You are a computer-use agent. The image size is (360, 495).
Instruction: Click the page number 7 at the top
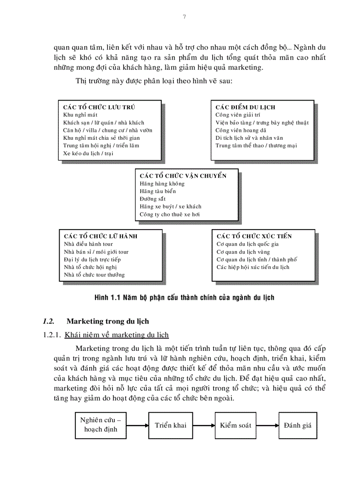pyautogui.click(x=184, y=17)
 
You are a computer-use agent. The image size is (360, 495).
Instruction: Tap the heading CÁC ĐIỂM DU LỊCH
pyautogui.click(x=245, y=107)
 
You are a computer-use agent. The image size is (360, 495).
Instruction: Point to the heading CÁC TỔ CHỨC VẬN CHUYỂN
pyautogui.click(x=183, y=176)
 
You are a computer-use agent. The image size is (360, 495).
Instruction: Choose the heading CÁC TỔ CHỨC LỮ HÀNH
pyautogui.click(x=101, y=236)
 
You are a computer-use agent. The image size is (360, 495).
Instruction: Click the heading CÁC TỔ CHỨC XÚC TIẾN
pyautogui.click(x=254, y=236)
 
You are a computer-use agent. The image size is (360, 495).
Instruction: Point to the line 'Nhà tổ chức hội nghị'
pyautogui.click(x=90, y=267)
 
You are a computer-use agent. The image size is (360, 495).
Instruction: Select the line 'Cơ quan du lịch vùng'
pyautogui.click(x=243, y=252)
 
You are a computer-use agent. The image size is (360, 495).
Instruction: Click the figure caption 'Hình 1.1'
pyautogui.click(x=184, y=298)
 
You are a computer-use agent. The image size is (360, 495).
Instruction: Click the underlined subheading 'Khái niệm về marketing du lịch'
pyautogui.click(x=116, y=335)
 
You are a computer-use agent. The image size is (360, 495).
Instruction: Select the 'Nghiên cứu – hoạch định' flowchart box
pyautogui.click(x=100, y=425)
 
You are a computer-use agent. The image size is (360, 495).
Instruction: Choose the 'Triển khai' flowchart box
pyautogui.click(x=171, y=425)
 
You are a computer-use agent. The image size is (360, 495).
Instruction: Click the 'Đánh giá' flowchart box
pyautogui.click(x=298, y=425)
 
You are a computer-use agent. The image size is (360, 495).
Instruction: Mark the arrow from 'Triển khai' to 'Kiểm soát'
pyautogui.click(x=204, y=426)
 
